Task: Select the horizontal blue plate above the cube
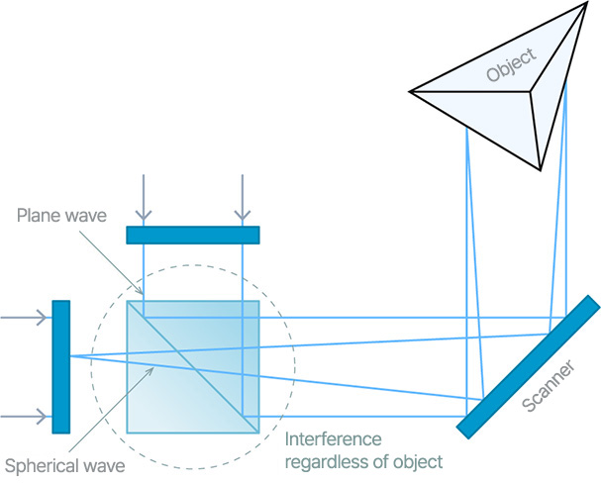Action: pos(192,235)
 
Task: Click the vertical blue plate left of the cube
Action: pos(61,366)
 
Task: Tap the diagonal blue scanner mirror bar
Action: pos(529,366)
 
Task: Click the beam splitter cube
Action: pos(193,366)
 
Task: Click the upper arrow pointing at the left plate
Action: pos(26,318)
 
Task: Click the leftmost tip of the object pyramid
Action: pos(412,92)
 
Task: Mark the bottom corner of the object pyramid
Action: pos(541,165)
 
